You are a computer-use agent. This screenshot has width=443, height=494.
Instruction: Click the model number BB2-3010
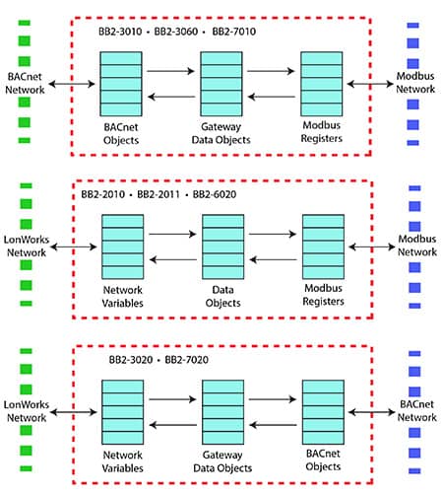[x=120, y=32]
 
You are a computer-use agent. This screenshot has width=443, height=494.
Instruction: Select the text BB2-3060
[x=176, y=32]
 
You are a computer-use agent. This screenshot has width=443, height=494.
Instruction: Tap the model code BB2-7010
[x=234, y=32]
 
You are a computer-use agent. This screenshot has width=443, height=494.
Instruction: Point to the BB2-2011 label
[x=158, y=194]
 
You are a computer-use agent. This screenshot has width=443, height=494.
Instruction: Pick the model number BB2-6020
[x=215, y=194]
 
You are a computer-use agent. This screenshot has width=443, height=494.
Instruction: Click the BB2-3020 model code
[x=131, y=360]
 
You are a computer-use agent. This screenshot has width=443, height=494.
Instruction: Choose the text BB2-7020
[x=186, y=360]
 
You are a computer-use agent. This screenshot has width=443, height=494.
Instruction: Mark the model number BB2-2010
[x=102, y=194]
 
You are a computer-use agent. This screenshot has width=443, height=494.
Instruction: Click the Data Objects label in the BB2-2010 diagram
[x=222, y=296]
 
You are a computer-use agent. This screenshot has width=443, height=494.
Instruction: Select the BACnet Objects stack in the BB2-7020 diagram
[x=323, y=412]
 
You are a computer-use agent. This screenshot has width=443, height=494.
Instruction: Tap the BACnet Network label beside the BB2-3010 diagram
[x=25, y=83]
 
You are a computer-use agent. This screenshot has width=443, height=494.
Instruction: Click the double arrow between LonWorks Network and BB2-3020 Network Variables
[x=74, y=412]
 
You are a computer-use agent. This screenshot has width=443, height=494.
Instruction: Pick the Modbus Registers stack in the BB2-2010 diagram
[x=323, y=247]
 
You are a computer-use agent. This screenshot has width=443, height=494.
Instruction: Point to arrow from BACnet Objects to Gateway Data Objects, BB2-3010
[x=170, y=71]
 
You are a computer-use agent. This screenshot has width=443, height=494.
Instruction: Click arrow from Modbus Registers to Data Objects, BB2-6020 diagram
[x=273, y=260]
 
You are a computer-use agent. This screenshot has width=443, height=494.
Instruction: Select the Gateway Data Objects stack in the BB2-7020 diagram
[x=222, y=412]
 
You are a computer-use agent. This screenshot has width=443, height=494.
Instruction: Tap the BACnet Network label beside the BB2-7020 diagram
[x=416, y=410]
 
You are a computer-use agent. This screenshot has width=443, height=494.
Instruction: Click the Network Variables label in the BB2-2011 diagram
[x=122, y=297]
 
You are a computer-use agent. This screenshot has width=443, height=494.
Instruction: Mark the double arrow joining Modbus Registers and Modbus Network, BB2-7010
[x=370, y=84]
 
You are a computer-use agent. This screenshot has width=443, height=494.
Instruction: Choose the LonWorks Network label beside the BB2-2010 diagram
[x=27, y=246]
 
